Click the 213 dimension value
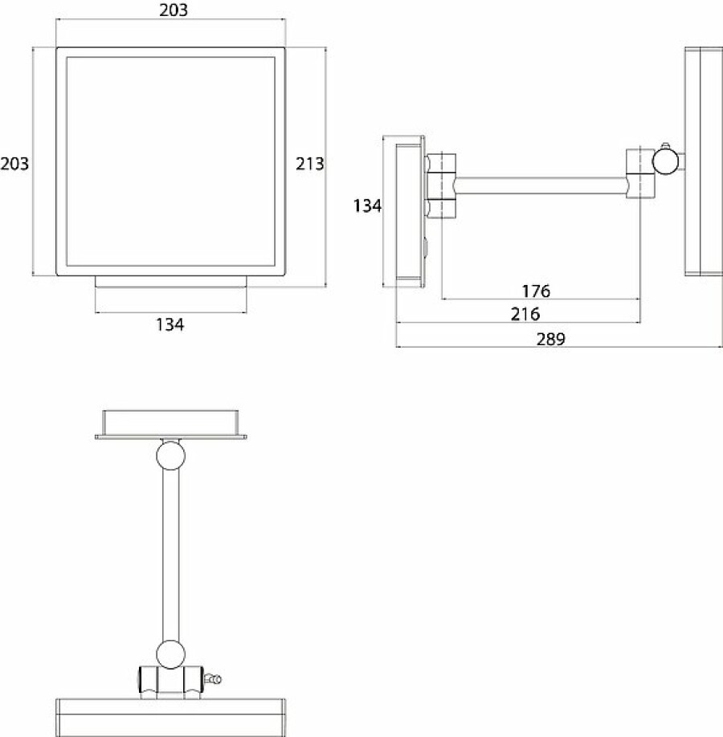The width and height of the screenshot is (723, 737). tap(310, 164)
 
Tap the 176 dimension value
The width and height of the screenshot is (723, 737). tap(536, 291)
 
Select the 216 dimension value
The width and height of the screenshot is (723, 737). tap(525, 314)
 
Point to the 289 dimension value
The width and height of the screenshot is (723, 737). tap(551, 339)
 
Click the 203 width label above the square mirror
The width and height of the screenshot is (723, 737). tap(173, 10)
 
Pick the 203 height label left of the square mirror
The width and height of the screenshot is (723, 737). tap(14, 164)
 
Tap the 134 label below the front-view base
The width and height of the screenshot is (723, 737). tap(170, 324)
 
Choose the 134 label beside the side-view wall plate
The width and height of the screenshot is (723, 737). tap(367, 206)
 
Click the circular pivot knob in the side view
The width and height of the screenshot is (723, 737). tap(666, 161)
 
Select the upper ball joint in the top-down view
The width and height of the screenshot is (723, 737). tap(171, 455)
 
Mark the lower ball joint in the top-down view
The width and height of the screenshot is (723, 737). tap(171, 654)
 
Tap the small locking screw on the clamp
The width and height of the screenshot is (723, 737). tap(212, 678)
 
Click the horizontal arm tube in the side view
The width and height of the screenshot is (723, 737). tap(541, 185)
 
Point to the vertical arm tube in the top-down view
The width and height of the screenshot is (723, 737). tap(171, 555)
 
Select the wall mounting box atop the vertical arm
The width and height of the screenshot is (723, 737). tap(171, 425)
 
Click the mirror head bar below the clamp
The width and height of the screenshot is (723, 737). tap(171, 717)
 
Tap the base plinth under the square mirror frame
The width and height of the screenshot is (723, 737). tap(171, 282)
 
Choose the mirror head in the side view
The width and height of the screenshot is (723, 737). tap(702, 161)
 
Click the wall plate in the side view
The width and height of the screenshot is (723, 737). tap(411, 211)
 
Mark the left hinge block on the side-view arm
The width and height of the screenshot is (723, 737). tap(442, 186)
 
